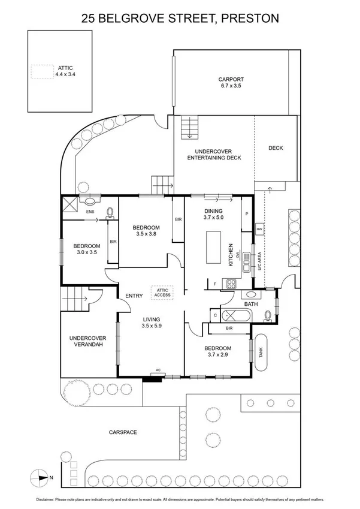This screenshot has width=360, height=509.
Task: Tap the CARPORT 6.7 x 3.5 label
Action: click(x=231, y=83)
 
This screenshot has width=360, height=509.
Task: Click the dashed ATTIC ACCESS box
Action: click(x=162, y=292)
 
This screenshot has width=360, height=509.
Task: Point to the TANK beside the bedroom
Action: click(x=262, y=347)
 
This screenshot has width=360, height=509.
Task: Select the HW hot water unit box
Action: click(x=259, y=229)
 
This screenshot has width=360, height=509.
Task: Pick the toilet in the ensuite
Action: click(x=110, y=212)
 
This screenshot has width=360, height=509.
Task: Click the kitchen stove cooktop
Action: click(x=229, y=282)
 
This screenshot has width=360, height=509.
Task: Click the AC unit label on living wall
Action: click(x=159, y=370)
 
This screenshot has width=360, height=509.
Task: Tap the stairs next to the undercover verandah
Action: click(x=74, y=299)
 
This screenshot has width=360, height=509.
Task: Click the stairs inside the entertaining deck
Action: click(x=190, y=127)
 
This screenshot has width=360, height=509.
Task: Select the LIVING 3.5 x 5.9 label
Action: click(x=152, y=323)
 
